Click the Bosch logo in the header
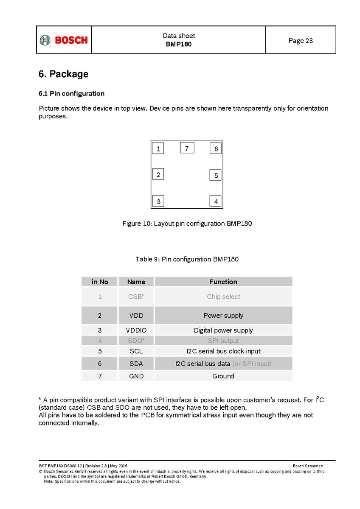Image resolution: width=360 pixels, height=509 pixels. click(x=64, y=40)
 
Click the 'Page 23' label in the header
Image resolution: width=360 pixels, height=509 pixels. click(x=301, y=41)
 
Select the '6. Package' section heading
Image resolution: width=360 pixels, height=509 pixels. click(x=64, y=74)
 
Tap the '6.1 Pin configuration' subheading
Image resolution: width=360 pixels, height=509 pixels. click(x=71, y=93)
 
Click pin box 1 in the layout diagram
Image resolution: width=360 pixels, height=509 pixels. click(x=158, y=148)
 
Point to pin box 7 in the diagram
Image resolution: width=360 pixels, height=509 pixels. click(x=187, y=148)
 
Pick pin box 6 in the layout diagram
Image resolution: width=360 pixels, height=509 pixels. click(x=216, y=148)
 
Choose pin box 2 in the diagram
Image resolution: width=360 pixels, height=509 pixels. click(x=158, y=174)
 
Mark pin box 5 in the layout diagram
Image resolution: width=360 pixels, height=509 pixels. click(x=216, y=175)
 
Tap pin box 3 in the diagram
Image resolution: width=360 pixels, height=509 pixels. click(x=158, y=201)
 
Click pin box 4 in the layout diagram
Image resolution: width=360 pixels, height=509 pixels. click(x=216, y=201)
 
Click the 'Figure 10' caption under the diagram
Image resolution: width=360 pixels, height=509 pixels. click(x=187, y=224)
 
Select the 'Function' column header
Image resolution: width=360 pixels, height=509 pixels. click(x=223, y=282)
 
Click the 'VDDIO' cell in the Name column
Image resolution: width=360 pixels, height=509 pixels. click(x=136, y=330)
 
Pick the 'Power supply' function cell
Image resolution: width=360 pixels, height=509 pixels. click(x=223, y=315)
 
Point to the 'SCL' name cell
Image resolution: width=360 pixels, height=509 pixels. click(x=136, y=351)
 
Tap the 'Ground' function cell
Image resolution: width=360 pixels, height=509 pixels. click(x=223, y=376)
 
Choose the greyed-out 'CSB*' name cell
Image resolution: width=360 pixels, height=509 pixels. click(x=136, y=296)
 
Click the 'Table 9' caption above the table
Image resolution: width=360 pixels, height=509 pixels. click(x=187, y=259)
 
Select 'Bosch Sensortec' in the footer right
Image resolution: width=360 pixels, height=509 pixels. click(x=308, y=466)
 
